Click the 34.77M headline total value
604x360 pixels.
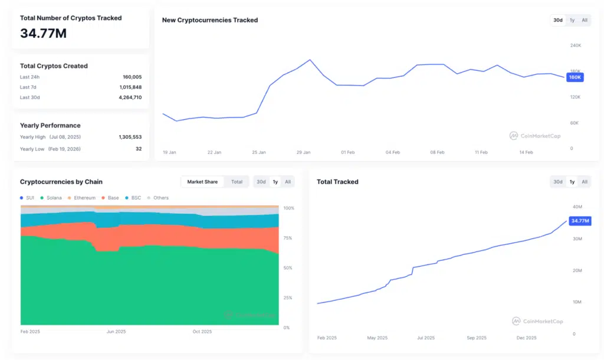(x=43, y=34)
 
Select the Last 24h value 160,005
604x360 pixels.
(x=132, y=77)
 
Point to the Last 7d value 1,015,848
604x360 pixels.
(x=130, y=87)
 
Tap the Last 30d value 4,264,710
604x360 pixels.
(x=130, y=97)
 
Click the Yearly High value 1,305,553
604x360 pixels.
(x=130, y=137)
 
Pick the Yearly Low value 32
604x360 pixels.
(x=139, y=149)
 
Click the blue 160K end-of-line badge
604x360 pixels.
(x=575, y=77)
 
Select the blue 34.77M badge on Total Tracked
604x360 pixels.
(x=580, y=221)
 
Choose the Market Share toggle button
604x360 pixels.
(x=202, y=182)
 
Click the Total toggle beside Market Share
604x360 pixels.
(x=237, y=182)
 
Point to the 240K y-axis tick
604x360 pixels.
(x=575, y=45)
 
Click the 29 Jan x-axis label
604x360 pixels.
(x=303, y=152)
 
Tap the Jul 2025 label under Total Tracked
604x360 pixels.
(x=425, y=338)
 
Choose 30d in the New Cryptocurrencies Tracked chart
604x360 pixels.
(x=557, y=20)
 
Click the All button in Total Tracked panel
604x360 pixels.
(x=585, y=182)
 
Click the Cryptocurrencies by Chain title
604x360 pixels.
(x=61, y=182)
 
